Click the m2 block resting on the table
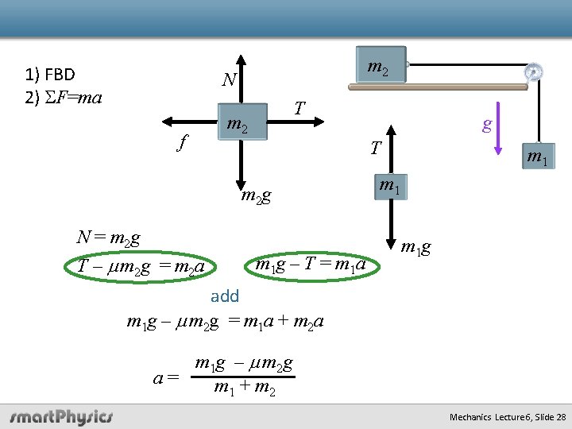[377, 69]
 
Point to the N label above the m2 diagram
[229, 79]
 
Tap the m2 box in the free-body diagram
[240, 122]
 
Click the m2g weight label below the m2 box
[256, 195]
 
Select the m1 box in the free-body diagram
[388, 187]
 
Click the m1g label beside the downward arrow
[415, 248]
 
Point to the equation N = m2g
[108, 237]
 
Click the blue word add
[225, 296]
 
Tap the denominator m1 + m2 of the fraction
[245, 389]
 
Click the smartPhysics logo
[62, 416]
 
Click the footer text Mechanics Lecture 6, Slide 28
[507, 417]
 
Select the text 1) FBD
[50, 75]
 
